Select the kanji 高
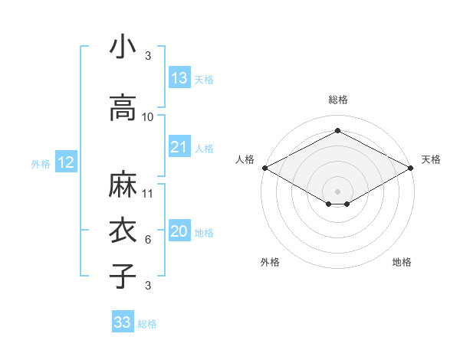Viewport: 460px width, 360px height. [x=123, y=108]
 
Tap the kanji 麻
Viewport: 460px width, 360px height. [x=123, y=185]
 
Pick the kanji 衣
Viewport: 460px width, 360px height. [x=123, y=231]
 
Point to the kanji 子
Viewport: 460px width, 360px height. [x=123, y=277]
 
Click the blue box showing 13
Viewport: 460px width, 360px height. [x=179, y=77]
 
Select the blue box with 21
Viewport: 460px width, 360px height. [x=179, y=147]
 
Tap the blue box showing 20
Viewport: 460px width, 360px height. [x=179, y=231]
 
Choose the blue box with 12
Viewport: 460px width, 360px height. [x=65, y=162]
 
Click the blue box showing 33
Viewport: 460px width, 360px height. [x=123, y=322]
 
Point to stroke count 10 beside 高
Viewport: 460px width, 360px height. [x=148, y=117]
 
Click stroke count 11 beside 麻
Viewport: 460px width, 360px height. [x=148, y=194]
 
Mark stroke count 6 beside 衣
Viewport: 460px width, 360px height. [x=148, y=240]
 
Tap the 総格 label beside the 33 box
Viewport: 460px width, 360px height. [x=147, y=324]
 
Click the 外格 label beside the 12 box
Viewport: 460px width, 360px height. [x=41, y=163]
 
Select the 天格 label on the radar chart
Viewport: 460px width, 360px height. [x=431, y=159]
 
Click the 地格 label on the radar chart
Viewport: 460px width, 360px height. [x=402, y=262]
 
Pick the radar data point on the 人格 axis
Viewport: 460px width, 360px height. [x=264, y=167]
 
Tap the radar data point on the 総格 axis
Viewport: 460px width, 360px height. [x=337, y=131]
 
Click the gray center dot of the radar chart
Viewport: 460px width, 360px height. [x=337, y=190]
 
